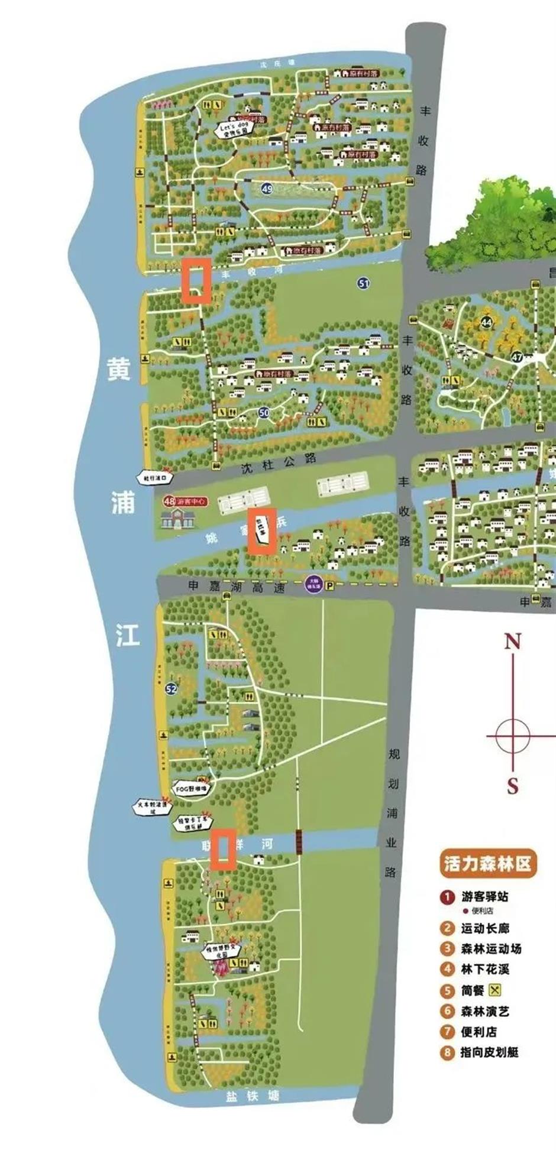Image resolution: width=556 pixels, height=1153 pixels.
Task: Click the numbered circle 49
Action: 267,189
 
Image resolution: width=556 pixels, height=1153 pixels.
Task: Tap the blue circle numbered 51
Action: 363,283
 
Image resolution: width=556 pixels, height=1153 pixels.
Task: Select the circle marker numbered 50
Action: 264,413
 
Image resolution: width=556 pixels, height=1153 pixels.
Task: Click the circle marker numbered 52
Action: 171,689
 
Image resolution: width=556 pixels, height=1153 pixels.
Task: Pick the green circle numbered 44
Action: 487,323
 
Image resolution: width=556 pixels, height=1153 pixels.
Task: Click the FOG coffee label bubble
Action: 191,789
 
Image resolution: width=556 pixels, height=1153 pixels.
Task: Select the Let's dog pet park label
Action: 232,129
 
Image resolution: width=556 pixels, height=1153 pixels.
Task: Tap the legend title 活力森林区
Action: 487,864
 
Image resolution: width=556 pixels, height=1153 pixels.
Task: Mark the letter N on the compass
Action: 512,641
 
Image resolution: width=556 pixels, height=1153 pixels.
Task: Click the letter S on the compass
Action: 512,786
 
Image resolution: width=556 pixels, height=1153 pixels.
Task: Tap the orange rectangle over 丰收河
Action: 196,280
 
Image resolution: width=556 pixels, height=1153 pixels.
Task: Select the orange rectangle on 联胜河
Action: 224,849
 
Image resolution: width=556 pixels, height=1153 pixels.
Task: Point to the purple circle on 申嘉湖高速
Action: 313,584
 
